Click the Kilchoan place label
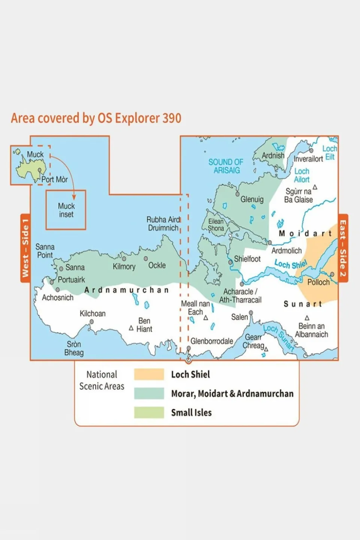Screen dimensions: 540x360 [92, 313]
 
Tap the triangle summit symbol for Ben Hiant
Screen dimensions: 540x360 [131, 328]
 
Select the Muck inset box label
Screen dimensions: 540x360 [66, 210]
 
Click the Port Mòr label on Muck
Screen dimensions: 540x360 [54, 179]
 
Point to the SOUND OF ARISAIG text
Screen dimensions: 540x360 [226, 166]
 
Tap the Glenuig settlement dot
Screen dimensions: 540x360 [237, 194]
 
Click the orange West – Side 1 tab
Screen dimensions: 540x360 [25, 248]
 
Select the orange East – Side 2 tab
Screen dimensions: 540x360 [343, 248]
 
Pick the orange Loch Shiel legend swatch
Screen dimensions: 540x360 [149, 374]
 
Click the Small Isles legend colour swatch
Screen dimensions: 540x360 [149, 412]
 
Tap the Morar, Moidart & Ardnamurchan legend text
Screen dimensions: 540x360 [232, 394]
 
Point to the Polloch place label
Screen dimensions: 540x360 [318, 282]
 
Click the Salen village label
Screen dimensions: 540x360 [239, 317]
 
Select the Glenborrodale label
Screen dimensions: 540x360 [212, 341]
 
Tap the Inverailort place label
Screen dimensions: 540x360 [308, 159]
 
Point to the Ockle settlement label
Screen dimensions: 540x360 [157, 265]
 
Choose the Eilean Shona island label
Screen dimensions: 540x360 [216, 225]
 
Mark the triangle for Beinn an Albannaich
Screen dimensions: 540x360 [307, 318]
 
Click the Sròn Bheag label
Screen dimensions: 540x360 [74, 348]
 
